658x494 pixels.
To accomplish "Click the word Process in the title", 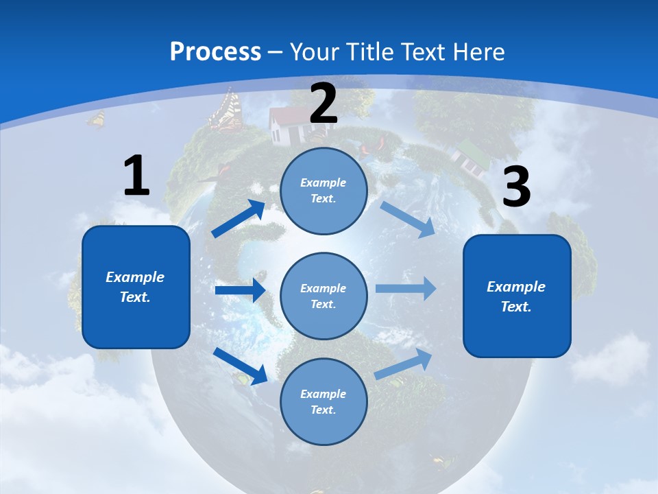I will pos(215,51).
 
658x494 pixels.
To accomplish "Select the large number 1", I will pos(136,176).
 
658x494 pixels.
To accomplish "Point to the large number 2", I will pos(324,104).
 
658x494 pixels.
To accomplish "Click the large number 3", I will pos(516,187).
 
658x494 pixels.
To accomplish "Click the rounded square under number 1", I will pos(136,287).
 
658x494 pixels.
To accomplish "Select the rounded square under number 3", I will pos(517,296).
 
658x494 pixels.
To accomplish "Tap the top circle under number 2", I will pos(324,191).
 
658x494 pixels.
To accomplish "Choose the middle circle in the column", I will pos(324,296).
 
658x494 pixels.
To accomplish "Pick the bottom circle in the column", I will pos(324,401).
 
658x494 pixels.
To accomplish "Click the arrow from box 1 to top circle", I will pos(239,218).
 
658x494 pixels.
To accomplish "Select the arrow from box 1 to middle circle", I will pos(240,290).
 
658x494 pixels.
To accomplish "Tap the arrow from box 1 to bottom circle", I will pos(241,366).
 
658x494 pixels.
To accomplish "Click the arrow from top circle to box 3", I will pos(407,219).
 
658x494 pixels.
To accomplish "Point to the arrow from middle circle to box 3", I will pos(406,288).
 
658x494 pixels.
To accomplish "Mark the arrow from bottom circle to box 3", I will pos(403,364).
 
